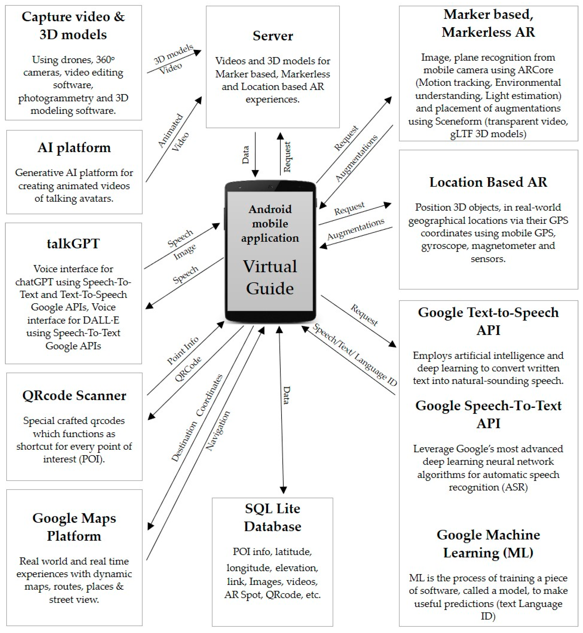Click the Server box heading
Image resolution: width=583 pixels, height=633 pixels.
tap(273, 36)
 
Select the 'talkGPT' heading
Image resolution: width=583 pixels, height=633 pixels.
tap(73, 244)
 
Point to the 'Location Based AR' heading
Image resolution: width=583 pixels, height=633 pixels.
tap(488, 182)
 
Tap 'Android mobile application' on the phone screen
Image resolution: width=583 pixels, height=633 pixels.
tap(270, 223)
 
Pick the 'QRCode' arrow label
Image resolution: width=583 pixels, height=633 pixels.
tap(188, 369)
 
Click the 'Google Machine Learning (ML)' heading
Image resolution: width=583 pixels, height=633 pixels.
tap(488, 544)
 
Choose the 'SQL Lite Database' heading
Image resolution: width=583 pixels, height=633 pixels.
tap(273, 517)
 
